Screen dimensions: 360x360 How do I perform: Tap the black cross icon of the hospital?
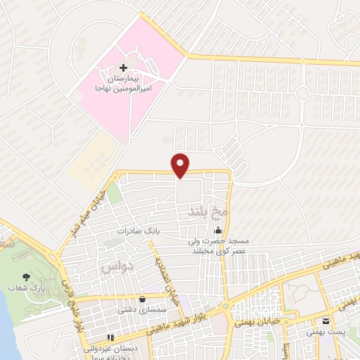pos(124,67)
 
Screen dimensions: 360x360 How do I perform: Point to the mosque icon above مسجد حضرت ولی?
pos(219,230)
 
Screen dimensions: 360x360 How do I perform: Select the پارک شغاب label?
pos(27,288)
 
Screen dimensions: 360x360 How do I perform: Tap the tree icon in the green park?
pos(27,278)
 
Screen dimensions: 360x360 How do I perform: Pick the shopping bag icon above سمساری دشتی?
pos(143,298)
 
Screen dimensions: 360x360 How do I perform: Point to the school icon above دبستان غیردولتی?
pos(112,338)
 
